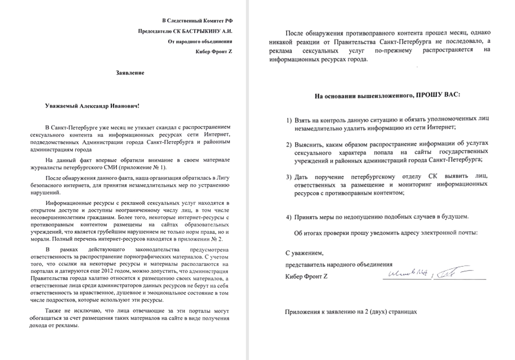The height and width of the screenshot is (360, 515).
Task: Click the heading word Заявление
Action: [x=130, y=73]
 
